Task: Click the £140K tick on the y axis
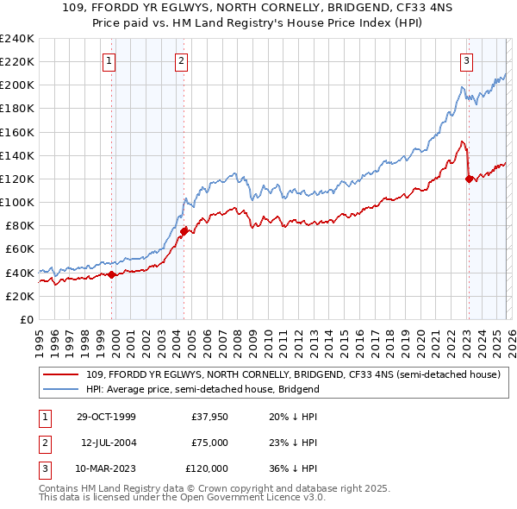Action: click(17, 155)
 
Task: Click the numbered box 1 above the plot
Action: click(110, 60)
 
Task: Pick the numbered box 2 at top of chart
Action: click(182, 60)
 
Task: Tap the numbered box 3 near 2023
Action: click(466, 60)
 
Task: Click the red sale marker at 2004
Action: click(184, 231)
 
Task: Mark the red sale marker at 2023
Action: click(469, 179)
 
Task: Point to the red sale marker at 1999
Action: click(112, 274)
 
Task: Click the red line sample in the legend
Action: click(62, 374)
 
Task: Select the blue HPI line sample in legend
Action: click(62, 389)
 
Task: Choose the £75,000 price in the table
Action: click(209, 443)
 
